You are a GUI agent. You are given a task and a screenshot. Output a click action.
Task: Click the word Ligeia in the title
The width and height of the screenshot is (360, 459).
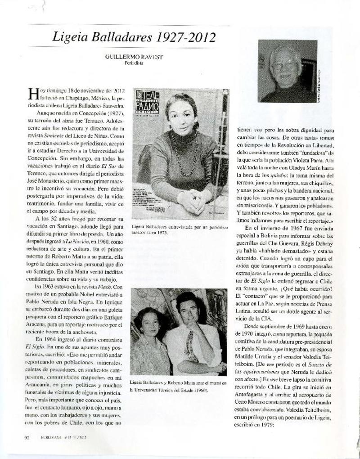click(70, 37)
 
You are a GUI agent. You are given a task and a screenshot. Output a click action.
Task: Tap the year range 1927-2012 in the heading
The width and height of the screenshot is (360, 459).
click(185, 37)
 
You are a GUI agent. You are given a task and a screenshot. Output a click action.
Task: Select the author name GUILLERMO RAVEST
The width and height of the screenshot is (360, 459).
click(134, 57)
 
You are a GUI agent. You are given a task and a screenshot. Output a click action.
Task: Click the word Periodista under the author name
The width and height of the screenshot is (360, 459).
click(134, 63)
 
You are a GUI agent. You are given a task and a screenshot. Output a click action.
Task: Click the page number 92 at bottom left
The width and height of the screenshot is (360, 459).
click(27, 437)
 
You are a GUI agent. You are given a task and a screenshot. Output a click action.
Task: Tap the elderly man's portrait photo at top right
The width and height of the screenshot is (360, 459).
click(287, 71)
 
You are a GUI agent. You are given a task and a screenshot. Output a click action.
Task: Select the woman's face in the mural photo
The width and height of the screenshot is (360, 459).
click(150, 323)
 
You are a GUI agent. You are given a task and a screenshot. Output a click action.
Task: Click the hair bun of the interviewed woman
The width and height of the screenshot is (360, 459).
click(195, 125)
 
